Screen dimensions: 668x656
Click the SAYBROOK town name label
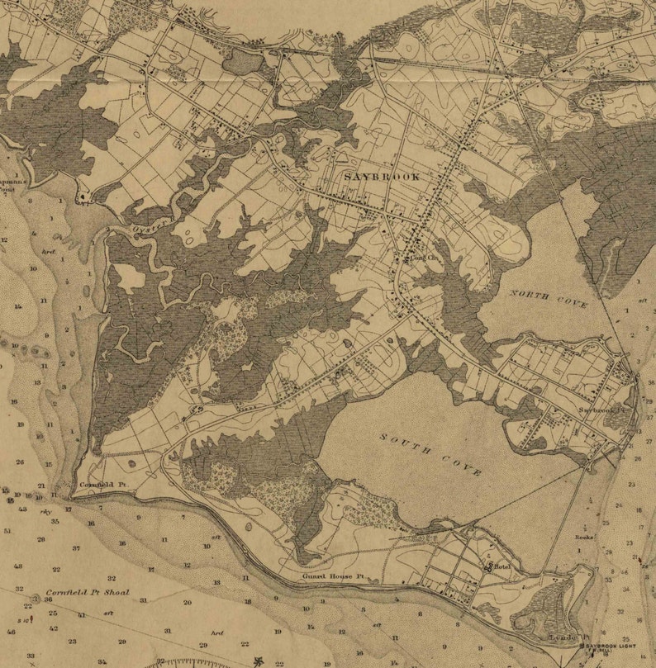tap(381, 177)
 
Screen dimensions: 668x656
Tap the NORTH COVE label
tap(548, 299)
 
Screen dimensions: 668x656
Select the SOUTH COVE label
tap(432, 452)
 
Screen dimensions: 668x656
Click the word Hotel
tap(503, 567)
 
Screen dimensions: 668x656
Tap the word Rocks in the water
tap(585, 537)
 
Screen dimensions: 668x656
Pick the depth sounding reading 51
tap(7, 531)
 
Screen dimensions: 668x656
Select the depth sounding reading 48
tap(17, 566)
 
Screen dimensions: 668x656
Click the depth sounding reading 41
tap(81, 615)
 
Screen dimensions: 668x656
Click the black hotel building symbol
tap(490, 566)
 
